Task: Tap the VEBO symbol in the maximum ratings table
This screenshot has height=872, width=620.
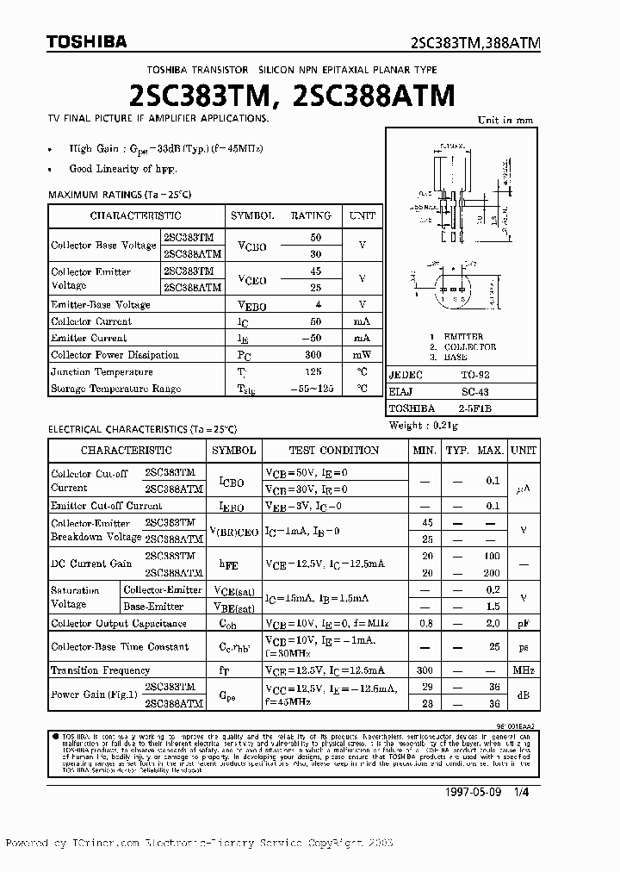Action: click(251, 305)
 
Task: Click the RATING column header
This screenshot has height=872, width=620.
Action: click(310, 215)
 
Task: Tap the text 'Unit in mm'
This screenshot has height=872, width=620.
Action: click(505, 121)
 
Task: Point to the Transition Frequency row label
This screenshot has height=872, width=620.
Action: click(100, 670)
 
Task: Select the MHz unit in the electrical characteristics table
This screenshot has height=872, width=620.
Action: click(522, 670)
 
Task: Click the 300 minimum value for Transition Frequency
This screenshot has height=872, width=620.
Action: click(424, 670)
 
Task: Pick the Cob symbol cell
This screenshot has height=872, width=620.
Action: click(228, 624)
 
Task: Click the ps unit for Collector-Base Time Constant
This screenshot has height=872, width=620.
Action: click(522, 647)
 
